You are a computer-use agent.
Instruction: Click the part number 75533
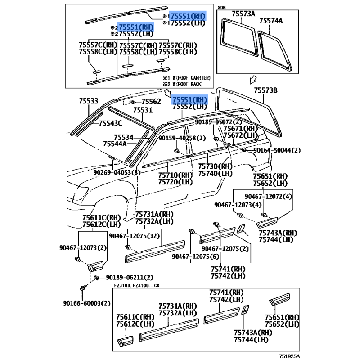88,102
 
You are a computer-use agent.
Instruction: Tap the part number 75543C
111,123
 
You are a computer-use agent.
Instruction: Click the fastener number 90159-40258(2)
182,138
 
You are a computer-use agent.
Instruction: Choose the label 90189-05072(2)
218,122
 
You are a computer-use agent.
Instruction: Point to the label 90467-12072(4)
268,196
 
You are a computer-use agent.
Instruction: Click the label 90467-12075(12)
135,235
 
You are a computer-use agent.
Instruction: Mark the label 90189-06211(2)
129,277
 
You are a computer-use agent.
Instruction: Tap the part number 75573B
265,91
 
